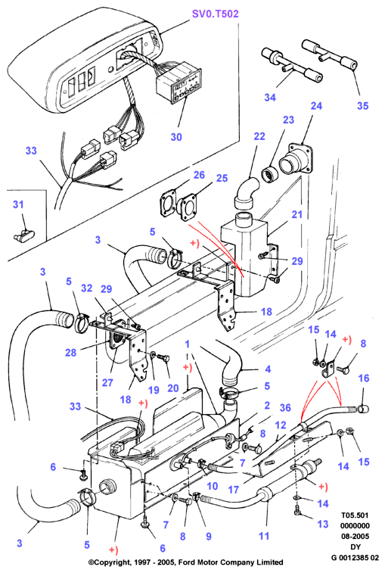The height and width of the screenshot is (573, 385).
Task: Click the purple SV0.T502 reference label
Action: [x=215, y=14]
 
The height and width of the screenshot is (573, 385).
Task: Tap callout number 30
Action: [x=176, y=137]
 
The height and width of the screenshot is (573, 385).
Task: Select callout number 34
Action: [x=270, y=97]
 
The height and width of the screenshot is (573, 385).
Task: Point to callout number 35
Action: [x=363, y=106]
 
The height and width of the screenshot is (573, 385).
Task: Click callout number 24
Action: [x=316, y=106]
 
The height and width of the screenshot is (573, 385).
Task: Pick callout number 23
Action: [x=288, y=120]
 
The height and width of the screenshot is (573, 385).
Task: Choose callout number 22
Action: [x=259, y=136]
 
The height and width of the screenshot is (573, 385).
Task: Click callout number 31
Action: [x=18, y=204]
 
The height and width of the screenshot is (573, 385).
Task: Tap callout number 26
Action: [x=199, y=175]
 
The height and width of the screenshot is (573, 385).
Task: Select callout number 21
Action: [x=297, y=214]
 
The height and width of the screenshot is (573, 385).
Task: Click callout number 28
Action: [x=70, y=352]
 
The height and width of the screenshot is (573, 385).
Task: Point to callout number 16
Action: [x=364, y=378]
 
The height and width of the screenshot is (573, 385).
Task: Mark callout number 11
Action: [x=264, y=536]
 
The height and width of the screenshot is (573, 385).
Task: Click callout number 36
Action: [x=285, y=407]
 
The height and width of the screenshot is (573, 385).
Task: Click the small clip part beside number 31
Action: [x=23, y=235]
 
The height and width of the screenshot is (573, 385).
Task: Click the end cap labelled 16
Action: [x=362, y=409]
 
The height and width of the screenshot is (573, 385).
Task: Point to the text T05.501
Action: [x=355, y=515]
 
